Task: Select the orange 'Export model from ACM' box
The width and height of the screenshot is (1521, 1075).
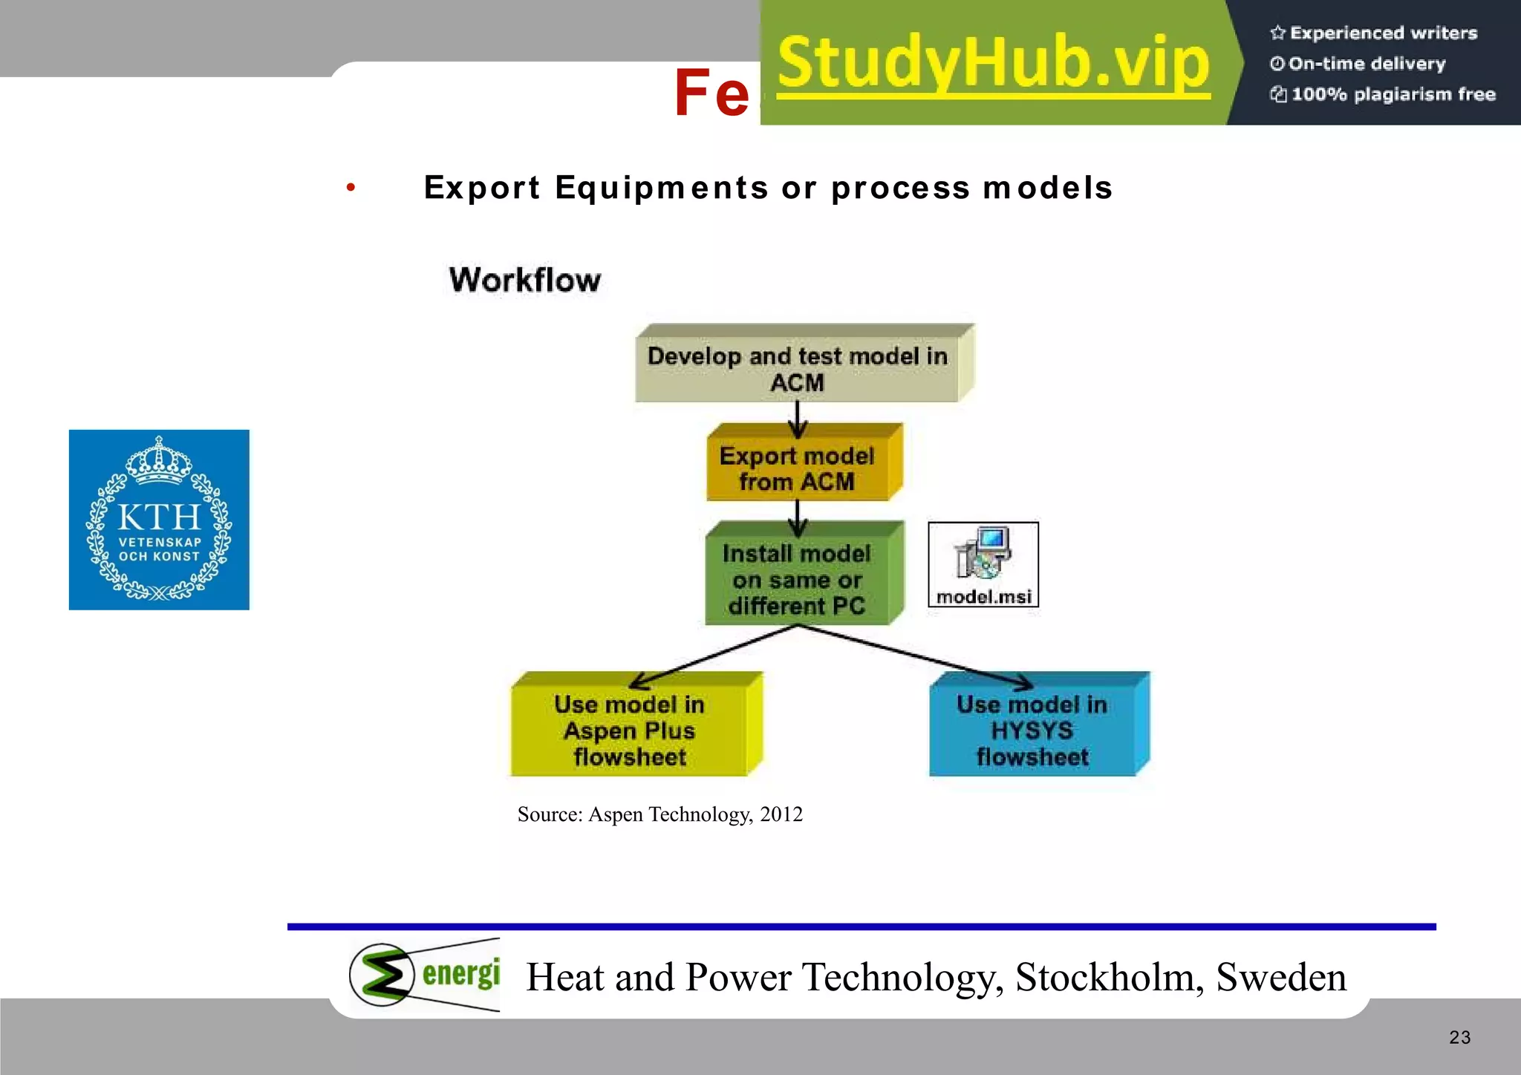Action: tap(798, 468)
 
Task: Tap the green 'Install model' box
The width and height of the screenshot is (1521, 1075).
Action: tap(798, 579)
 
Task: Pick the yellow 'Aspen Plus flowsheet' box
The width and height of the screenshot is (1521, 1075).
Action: tap(630, 730)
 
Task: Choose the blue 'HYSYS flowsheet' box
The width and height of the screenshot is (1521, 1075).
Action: tap(1032, 730)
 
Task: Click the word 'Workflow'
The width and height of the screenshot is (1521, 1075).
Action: tap(525, 280)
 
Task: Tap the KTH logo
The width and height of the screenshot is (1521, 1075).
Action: tap(159, 520)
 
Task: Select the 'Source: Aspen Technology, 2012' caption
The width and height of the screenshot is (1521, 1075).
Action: tap(659, 814)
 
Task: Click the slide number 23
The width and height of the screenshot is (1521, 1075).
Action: tap(1459, 1037)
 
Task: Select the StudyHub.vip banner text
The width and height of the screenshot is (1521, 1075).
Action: tap(993, 63)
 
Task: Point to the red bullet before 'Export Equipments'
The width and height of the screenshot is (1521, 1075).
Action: tap(351, 187)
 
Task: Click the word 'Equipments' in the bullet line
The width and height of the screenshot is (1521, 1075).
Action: tap(661, 187)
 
